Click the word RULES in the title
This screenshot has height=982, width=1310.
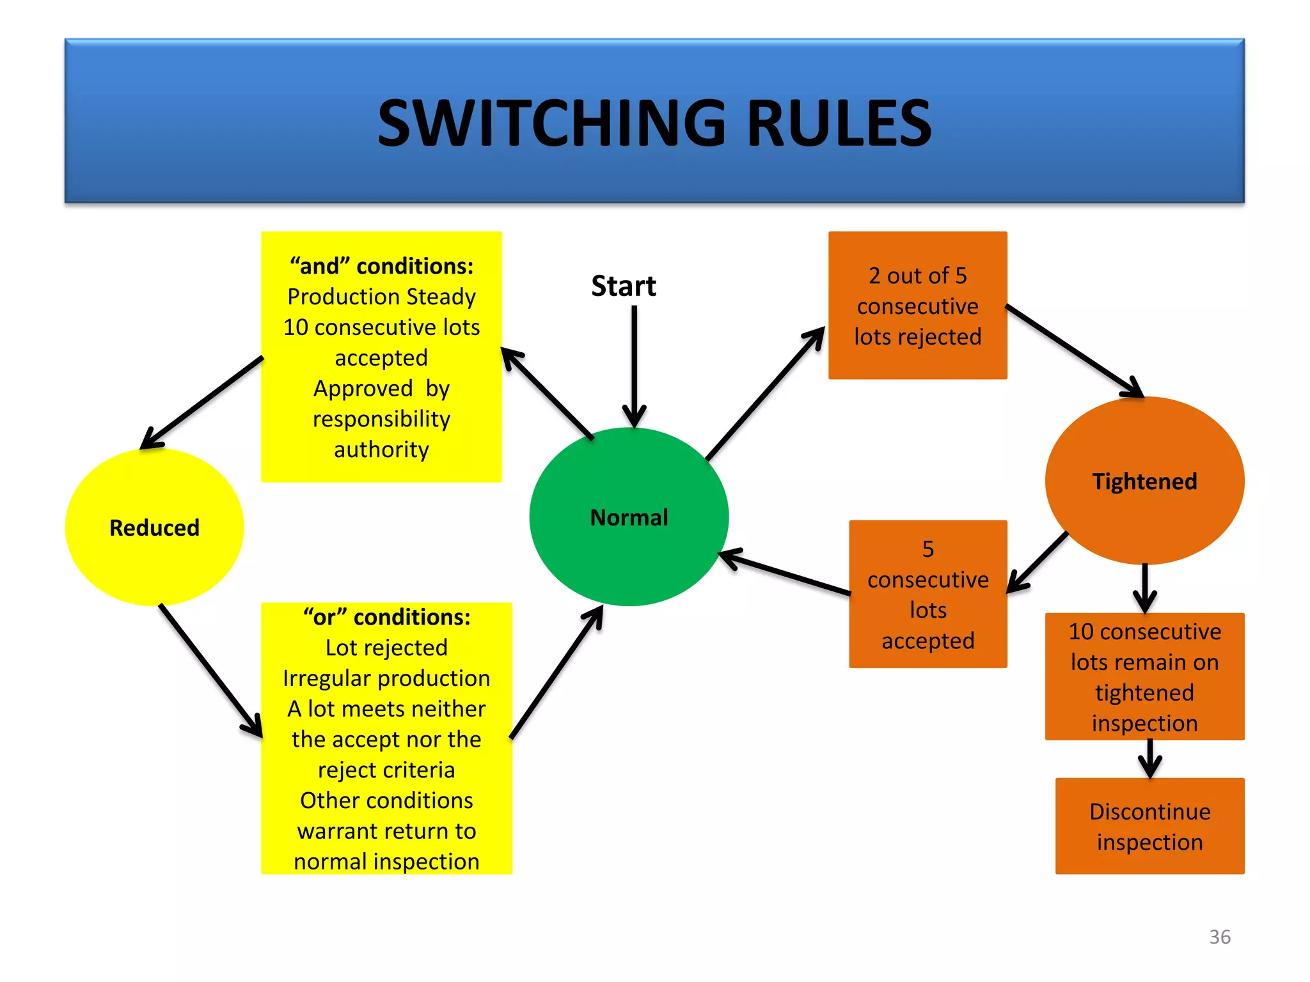click(x=839, y=123)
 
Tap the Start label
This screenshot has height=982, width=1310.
click(x=623, y=286)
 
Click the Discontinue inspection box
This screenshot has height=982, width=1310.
click(x=1149, y=826)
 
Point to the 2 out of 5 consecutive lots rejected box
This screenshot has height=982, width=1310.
click(x=917, y=306)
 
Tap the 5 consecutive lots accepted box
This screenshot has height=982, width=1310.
click(x=927, y=595)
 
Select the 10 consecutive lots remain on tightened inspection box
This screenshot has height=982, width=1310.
click(x=1144, y=676)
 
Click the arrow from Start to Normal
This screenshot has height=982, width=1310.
click(x=634, y=364)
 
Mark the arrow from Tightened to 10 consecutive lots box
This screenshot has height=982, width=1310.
click(x=1144, y=587)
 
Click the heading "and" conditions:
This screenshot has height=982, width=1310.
click(x=381, y=266)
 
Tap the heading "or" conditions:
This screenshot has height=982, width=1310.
click(x=386, y=617)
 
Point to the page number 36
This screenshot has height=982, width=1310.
click(x=1219, y=937)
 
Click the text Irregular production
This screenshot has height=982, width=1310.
click(x=386, y=678)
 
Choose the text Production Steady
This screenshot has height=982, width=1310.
click(x=381, y=297)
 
